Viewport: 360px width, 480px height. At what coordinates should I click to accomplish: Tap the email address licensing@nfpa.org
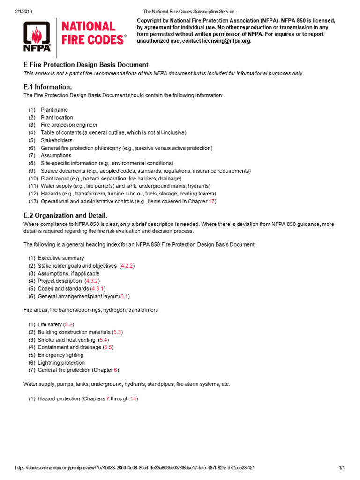(227, 41)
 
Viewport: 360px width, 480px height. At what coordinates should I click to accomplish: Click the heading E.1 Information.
(47, 87)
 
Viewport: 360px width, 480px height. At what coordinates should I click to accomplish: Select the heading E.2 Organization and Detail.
(65, 216)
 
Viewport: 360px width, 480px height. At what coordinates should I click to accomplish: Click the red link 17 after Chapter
(212, 202)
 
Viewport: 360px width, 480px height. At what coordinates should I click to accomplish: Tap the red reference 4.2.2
(127, 266)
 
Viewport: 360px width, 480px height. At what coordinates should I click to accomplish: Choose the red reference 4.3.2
(92, 281)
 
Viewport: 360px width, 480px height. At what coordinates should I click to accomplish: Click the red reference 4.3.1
(97, 289)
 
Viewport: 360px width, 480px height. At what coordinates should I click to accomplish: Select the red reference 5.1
(124, 296)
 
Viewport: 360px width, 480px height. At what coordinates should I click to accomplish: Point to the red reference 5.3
(118, 332)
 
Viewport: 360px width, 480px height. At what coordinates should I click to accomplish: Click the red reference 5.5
(108, 347)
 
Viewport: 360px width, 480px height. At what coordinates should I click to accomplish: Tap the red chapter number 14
(133, 399)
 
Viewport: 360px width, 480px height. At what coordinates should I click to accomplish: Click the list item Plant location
(57, 118)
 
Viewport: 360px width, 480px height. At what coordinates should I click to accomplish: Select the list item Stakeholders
(56, 140)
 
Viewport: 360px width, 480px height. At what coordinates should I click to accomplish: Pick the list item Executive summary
(61, 258)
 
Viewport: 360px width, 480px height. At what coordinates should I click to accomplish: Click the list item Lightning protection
(61, 363)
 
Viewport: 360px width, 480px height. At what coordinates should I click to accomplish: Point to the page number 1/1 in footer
(341, 468)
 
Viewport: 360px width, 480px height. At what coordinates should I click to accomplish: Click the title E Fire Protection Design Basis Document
(86, 65)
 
